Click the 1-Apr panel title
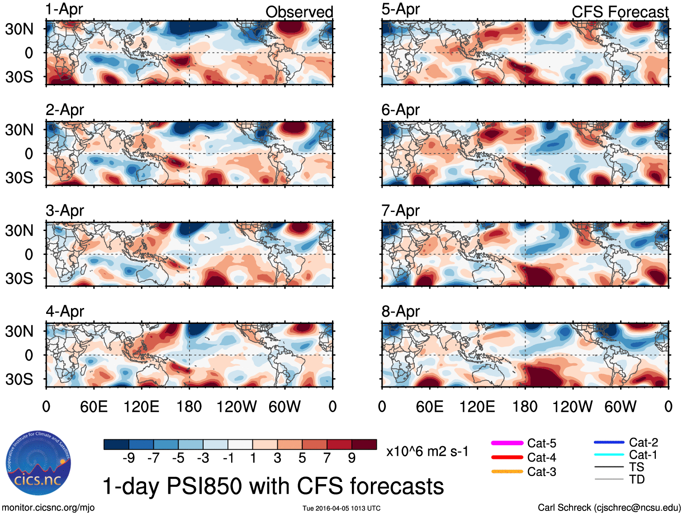[x=64, y=10]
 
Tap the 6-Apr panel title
[x=400, y=110]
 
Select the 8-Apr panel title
[x=400, y=312]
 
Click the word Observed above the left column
[x=299, y=12]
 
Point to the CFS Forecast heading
[x=620, y=12]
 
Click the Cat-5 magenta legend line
[x=507, y=443]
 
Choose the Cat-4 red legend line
[x=507, y=457]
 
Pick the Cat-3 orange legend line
[x=507, y=472]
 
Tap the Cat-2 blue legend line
[x=609, y=443]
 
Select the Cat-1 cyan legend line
[x=609, y=455]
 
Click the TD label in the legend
[x=637, y=479]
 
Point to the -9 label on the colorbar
[x=128, y=458]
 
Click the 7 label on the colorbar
[x=327, y=458]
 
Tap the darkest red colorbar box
[x=364, y=444]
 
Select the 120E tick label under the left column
[x=141, y=407]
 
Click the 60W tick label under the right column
[x=620, y=407]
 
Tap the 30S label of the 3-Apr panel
[x=19, y=278]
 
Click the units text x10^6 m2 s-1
[x=427, y=452]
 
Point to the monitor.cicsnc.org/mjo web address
[x=48, y=508]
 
